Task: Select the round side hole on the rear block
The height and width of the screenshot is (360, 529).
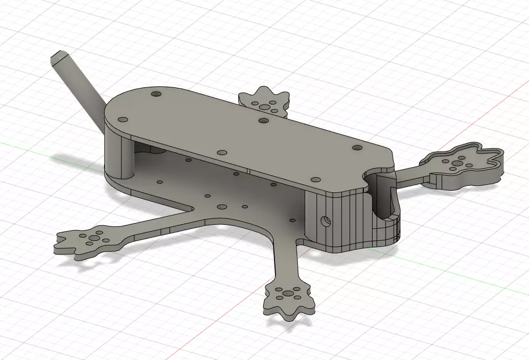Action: click(x=326, y=220)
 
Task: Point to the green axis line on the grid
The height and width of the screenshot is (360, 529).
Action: click(x=32, y=146)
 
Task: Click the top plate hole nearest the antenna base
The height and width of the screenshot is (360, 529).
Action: click(x=123, y=118)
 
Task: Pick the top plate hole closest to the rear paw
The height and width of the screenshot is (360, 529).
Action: click(x=264, y=120)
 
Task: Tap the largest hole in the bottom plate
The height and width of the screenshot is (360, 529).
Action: click(x=221, y=206)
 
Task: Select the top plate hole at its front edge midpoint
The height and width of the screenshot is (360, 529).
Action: click(x=222, y=152)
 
